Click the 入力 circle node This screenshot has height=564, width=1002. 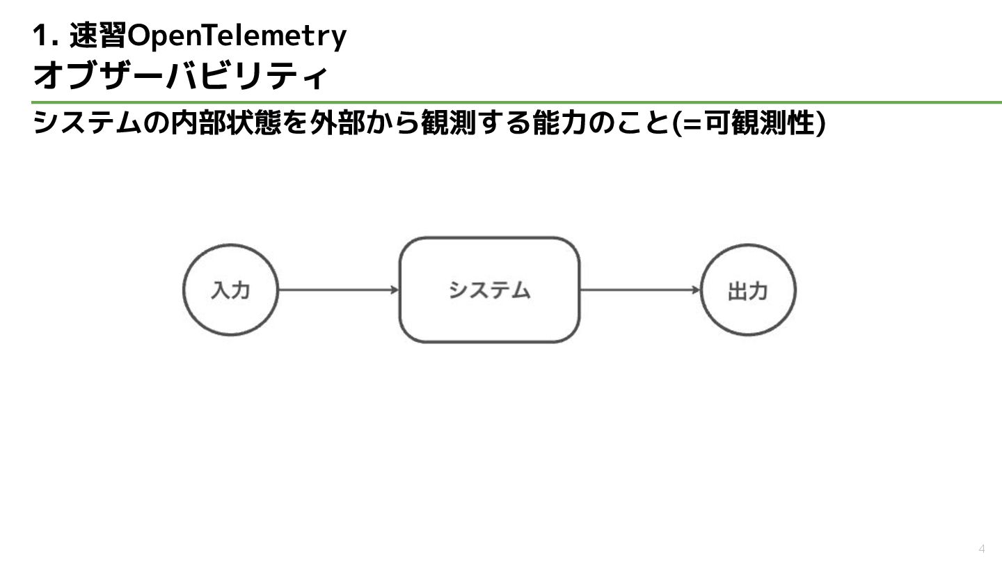[x=230, y=290]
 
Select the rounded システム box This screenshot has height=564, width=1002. [x=489, y=290]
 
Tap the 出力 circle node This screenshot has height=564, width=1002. [x=747, y=290]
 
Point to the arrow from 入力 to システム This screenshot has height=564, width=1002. [x=337, y=290]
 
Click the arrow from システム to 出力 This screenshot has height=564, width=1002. [x=639, y=290]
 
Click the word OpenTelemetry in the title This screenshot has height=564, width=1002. [x=237, y=36]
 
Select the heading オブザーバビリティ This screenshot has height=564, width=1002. [x=180, y=76]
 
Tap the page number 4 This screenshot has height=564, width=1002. [x=982, y=547]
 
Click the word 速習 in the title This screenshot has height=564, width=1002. [x=98, y=36]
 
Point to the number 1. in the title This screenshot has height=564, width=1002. [x=44, y=36]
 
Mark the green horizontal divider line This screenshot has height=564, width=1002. [x=515, y=102]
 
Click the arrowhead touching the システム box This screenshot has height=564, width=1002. [x=395, y=290]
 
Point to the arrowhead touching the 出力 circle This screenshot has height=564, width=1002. [x=696, y=290]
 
